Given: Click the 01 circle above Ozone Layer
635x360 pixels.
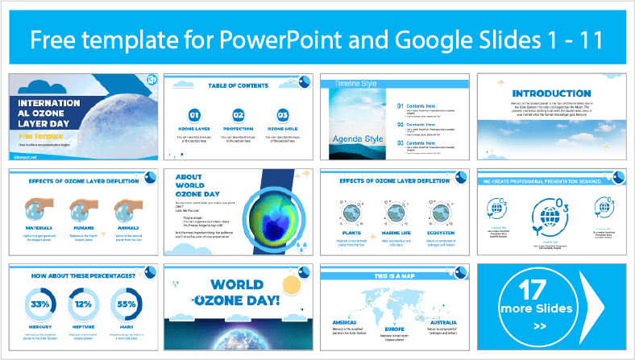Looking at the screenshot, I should click(x=194, y=115).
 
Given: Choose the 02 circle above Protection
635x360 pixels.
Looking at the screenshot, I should click(x=239, y=115).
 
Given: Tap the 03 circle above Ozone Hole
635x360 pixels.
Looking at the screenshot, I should click(x=282, y=115).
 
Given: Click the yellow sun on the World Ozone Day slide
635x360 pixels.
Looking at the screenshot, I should click(x=291, y=286).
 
